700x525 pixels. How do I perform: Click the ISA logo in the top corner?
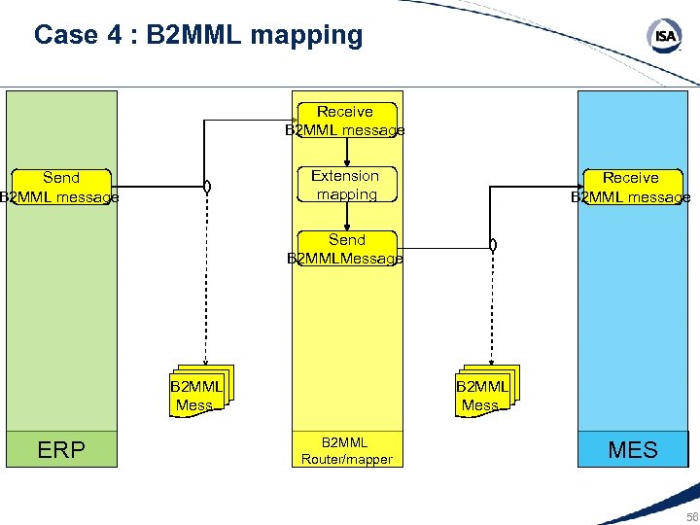pos(664,37)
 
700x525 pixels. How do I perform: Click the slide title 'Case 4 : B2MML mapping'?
pos(197,36)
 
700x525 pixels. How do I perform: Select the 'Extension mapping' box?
pos(346,185)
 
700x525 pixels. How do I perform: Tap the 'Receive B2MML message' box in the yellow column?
pos(345,121)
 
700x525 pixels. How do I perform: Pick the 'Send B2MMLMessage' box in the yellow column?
pos(346,249)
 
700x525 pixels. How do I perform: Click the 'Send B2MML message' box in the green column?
pos(60,187)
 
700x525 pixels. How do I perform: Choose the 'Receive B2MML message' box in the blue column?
pos(630,187)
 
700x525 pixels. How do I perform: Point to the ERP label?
pos(60,450)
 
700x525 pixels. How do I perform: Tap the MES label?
pos(633,450)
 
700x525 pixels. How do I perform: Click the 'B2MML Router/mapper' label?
pos(346,450)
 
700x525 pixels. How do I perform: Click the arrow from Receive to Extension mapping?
pos(346,153)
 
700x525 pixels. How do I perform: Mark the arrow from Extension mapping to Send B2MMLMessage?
pos(346,217)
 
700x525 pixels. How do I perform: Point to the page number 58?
pos(690,516)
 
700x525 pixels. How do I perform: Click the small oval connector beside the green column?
pos(207,187)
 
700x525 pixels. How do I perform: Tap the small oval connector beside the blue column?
pos(493,246)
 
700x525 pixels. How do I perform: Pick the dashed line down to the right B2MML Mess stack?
pos(493,311)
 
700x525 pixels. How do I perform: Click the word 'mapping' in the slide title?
pos(306,36)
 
